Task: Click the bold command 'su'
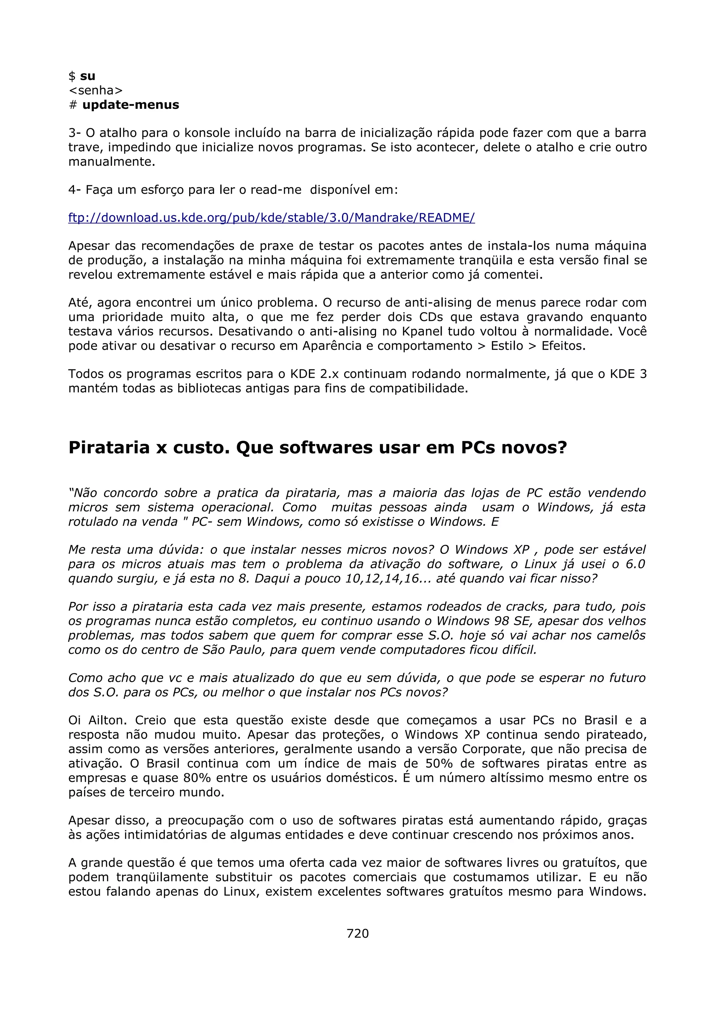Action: [x=88, y=76]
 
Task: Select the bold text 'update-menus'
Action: [x=131, y=105]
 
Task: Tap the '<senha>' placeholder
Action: [x=96, y=90]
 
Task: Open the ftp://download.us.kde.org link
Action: [x=271, y=218]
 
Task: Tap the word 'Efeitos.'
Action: [x=563, y=346]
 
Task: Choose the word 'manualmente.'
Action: [x=112, y=162]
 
